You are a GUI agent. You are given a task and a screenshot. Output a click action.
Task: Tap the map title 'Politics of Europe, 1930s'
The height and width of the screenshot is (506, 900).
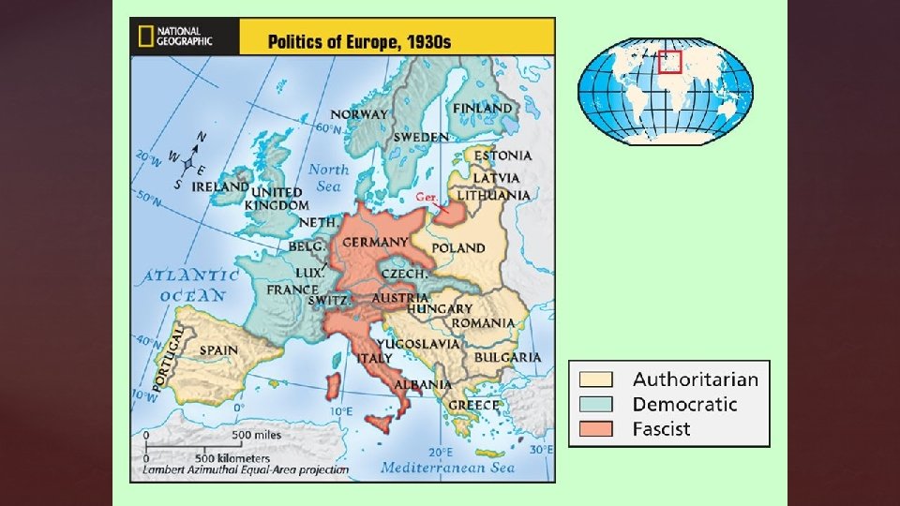point(359,42)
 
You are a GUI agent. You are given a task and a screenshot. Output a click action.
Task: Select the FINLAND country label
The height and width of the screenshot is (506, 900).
point(483,109)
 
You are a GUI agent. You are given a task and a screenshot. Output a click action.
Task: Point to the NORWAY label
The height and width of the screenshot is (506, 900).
point(358,114)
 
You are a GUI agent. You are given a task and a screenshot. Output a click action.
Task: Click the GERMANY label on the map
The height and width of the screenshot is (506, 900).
point(374,243)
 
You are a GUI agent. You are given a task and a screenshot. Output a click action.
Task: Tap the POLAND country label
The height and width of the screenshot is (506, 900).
point(458,248)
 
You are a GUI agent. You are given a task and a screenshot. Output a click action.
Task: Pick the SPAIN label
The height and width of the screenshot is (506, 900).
point(218,350)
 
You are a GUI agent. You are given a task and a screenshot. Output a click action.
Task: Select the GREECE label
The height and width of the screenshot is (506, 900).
point(473,405)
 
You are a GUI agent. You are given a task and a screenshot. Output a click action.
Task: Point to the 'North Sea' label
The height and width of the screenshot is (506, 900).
point(329,178)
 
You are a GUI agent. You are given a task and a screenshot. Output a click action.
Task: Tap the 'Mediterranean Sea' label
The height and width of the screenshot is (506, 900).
point(450,466)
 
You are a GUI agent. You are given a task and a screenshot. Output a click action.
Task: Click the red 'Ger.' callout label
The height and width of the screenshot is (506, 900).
point(427,199)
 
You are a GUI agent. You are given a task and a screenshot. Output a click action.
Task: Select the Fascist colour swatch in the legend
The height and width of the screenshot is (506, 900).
point(595,429)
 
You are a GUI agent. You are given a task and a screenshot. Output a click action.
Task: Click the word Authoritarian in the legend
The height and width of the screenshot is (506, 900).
point(695,379)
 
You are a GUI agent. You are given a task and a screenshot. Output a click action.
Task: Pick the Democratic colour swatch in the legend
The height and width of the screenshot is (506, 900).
point(595,404)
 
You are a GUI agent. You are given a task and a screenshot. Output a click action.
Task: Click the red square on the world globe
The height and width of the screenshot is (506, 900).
point(668,61)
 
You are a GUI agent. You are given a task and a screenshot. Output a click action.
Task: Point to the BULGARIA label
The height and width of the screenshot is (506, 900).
point(507,357)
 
